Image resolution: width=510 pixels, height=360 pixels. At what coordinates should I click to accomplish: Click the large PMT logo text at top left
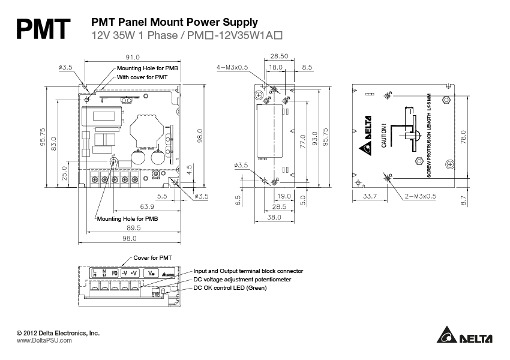tap(43, 28)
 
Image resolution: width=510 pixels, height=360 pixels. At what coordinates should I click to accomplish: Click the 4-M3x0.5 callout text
tap(232, 68)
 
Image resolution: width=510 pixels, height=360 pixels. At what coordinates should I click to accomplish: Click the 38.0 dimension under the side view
tap(274, 217)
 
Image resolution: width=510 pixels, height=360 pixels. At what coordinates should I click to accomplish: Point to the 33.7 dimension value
tap(370, 196)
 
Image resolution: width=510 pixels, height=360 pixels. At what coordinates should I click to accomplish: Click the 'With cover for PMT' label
tap(142, 77)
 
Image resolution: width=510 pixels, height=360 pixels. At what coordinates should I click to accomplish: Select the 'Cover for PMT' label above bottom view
tap(153, 257)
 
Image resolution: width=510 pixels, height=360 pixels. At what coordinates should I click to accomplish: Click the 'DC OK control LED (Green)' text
tap(238, 288)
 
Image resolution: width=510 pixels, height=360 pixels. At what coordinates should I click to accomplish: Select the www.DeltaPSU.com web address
tap(44, 340)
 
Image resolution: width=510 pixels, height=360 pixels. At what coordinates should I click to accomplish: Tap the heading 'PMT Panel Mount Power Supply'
tap(174, 22)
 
